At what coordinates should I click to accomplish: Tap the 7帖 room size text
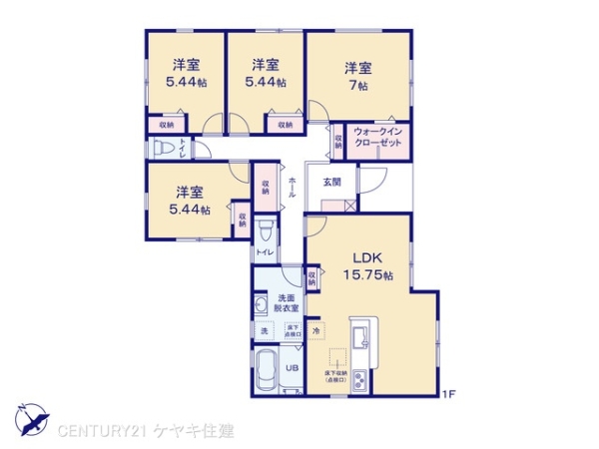pyautogui.click(x=358, y=86)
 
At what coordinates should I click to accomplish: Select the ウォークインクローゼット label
pyautogui.click(x=378, y=140)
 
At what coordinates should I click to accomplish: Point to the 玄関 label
pyautogui.click(x=332, y=183)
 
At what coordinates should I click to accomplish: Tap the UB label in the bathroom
pyautogui.click(x=293, y=367)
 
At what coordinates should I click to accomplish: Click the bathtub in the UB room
pyautogui.click(x=267, y=374)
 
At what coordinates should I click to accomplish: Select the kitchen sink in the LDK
pyautogui.click(x=360, y=329)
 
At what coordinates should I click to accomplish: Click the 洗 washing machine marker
pyautogui.click(x=265, y=330)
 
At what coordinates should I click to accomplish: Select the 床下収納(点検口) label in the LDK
pyautogui.click(x=333, y=376)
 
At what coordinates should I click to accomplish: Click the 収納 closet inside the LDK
pyautogui.click(x=311, y=275)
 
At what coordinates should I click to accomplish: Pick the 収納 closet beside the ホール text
pyautogui.click(x=267, y=187)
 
